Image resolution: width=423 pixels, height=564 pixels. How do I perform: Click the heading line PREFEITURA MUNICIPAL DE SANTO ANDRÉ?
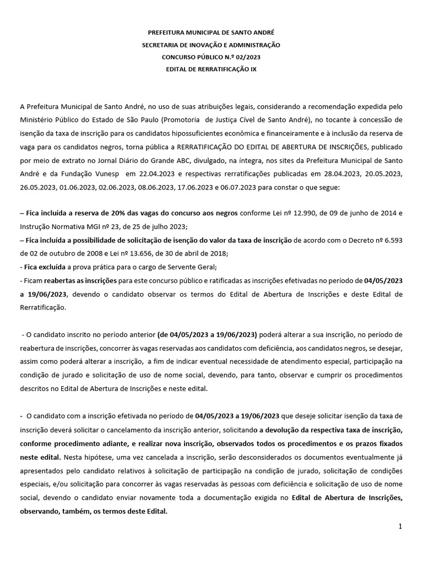pyautogui.click(x=211, y=33)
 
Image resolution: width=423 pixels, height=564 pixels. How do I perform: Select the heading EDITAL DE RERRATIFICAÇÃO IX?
pyautogui.click(x=211, y=69)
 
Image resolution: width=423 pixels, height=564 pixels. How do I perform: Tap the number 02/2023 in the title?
pyautogui.click(x=249, y=57)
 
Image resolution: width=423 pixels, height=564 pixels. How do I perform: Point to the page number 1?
pyautogui.click(x=400, y=527)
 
